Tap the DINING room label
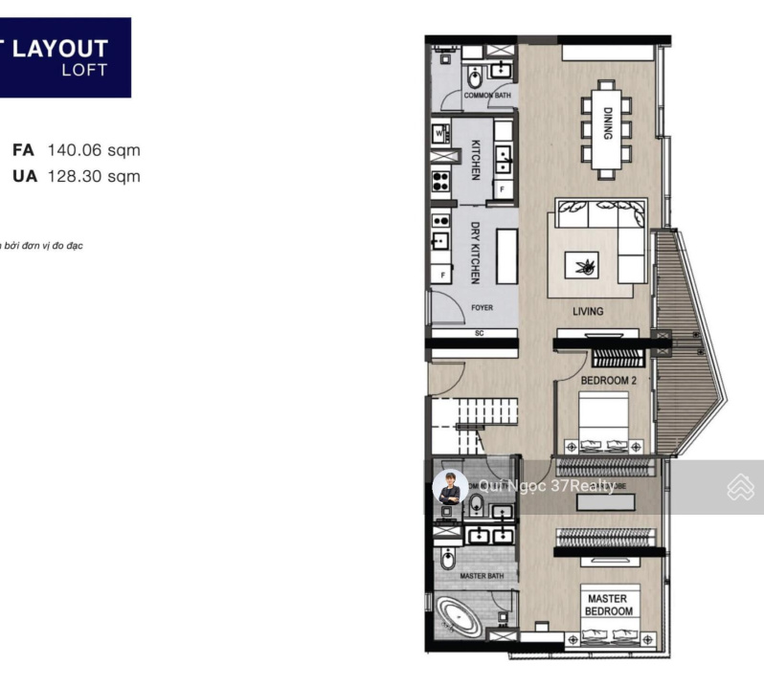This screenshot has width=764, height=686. pyautogui.click(x=607, y=122)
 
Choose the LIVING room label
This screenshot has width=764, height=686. pyautogui.click(x=588, y=311)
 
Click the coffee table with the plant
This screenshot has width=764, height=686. pyautogui.click(x=582, y=263)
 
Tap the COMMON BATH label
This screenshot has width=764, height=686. pyautogui.click(x=486, y=96)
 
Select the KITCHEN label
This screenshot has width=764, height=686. pyautogui.click(x=475, y=160)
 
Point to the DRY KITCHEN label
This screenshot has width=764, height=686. pyautogui.click(x=475, y=253)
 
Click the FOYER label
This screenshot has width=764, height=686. pyautogui.click(x=483, y=308)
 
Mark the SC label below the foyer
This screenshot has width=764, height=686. pyautogui.click(x=479, y=333)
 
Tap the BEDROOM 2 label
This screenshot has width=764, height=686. pyautogui.click(x=609, y=381)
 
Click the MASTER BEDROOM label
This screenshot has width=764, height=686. pyautogui.click(x=608, y=605)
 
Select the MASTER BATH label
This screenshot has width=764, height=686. pyautogui.click(x=482, y=576)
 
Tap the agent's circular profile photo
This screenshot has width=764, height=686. pyautogui.click(x=450, y=488)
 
